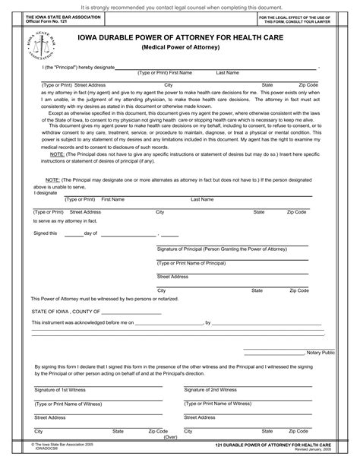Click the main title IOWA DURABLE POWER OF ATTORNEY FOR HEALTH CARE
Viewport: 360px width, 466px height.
coord(179,35)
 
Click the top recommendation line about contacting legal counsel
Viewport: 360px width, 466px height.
coord(179,5)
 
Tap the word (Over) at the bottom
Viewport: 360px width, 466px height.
coord(171,437)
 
